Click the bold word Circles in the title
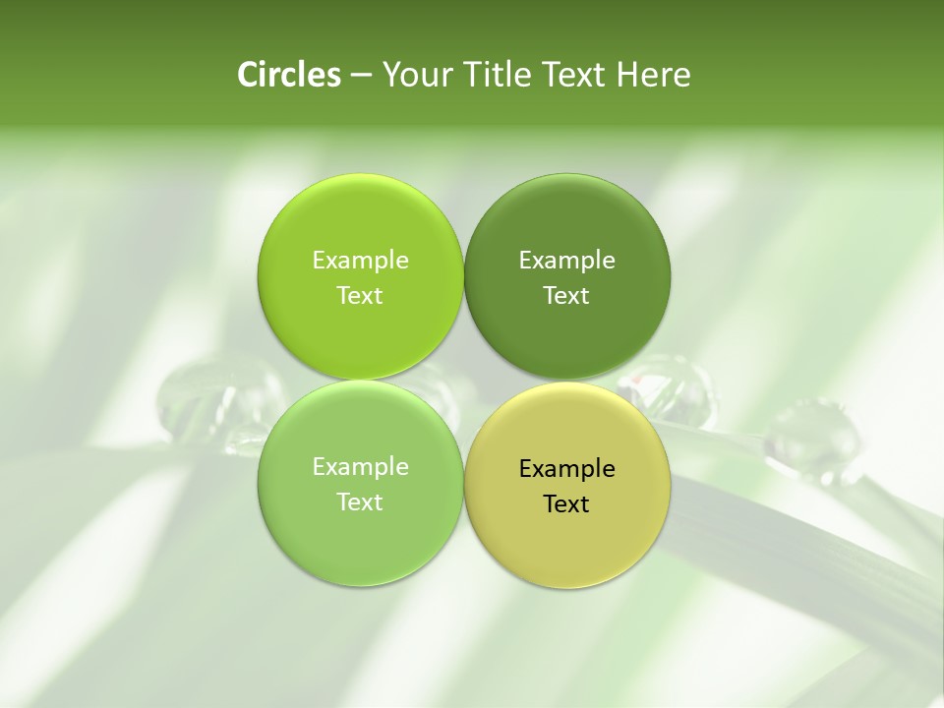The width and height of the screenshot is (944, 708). (x=288, y=75)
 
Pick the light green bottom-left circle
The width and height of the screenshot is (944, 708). (x=360, y=541)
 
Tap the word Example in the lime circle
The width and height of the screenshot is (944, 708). (x=360, y=261)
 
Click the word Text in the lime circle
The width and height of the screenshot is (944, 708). (x=360, y=296)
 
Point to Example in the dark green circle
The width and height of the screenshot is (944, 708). (x=567, y=261)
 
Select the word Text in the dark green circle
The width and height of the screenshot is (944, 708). (x=567, y=296)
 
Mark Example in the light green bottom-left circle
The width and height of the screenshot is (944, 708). (x=360, y=467)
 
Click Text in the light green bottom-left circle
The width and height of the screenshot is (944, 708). (x=360, y=502)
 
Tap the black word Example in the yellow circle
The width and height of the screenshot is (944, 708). (x=567, y=469)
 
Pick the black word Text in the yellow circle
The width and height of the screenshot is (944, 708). (x=567, y=504)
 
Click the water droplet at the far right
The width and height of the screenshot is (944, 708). (x=812, y=439)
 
